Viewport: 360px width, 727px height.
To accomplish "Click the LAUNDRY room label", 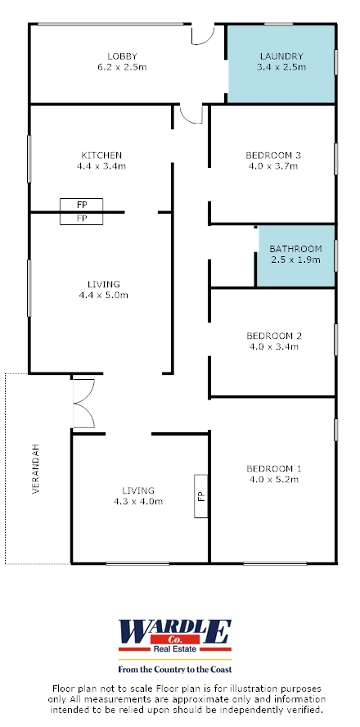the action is point(281,56).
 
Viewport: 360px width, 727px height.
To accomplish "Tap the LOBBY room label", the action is point(122,56).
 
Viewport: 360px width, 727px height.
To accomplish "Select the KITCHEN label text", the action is point(101,155).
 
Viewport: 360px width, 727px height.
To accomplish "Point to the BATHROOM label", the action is point(295,249).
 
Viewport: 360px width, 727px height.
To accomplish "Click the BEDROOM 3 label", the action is point(272,155).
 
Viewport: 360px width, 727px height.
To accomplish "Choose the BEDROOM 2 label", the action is point(272,335).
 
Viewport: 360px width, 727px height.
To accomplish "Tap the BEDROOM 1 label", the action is point(272,467).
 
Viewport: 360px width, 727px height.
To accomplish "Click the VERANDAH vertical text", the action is point(36,469).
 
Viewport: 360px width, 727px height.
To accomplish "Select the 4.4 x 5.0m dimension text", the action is point(104,295).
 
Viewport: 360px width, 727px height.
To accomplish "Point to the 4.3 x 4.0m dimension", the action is point(138,501).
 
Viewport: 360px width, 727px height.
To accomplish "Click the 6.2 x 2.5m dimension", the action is point(122,67).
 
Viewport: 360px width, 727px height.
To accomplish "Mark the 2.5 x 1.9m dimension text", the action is point(295,260).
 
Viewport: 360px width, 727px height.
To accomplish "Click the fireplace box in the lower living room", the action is point(200,496).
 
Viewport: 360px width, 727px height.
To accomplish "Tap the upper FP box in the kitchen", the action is point(82,205).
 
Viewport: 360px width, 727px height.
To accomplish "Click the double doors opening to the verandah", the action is point(83,403).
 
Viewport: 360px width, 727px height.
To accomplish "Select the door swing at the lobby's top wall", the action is point(203,34).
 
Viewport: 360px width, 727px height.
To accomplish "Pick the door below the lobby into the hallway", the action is point(191,114).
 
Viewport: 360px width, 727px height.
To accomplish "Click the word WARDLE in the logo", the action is point(174,631).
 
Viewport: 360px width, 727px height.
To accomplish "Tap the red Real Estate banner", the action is point(174,648).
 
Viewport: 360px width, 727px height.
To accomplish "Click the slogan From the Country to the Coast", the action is point(174,669).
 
